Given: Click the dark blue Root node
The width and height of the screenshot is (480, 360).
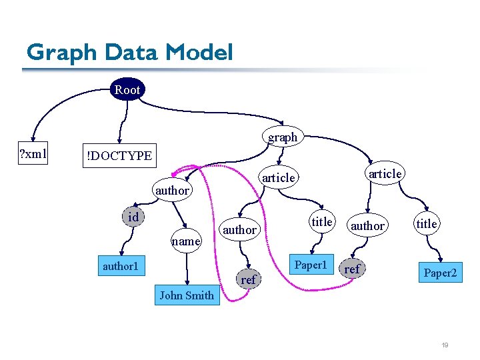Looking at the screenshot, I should click(x=127, y=89).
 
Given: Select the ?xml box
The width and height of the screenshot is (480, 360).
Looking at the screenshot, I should click(x=33, y=155).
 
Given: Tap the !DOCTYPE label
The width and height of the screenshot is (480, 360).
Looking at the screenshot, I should click(x=118, y=156).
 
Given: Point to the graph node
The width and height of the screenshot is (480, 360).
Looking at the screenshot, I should click(x=283, y=137).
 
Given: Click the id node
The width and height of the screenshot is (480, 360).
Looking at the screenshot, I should click(x=133, y=217).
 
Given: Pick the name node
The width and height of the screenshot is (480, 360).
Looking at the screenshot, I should click(x=186, y=241).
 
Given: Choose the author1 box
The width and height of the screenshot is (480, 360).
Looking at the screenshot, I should click(x=120, y=267).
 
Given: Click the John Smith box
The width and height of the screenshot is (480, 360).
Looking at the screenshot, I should click(x=187, y=295).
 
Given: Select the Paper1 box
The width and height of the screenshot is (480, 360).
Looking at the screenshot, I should click(x=311, y=265).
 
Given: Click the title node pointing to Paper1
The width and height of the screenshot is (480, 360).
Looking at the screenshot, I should click(x=322, y=222).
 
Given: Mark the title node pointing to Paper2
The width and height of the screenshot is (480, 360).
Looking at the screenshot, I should click(x=427, y=224).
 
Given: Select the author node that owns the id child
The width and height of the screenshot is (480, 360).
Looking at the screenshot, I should click(x=172, y=191).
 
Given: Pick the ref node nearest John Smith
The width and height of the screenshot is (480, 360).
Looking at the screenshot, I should click(x=248, y=280).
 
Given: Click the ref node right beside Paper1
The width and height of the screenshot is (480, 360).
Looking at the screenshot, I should click(x=352, y=269).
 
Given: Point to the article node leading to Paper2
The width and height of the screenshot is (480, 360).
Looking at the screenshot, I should click(x=385, y=173).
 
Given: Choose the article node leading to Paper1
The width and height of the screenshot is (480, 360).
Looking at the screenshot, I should click(x=278, y=177).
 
